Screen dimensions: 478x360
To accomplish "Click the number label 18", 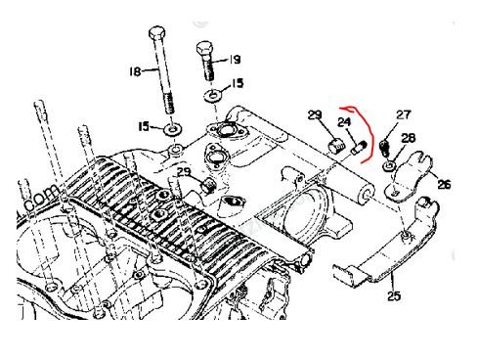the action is click(135, 71).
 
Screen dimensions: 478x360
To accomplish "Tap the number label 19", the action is click(235, 60).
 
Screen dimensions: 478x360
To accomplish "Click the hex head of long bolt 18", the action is click(157, 32).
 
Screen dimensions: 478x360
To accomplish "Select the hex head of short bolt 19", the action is click(205, 49).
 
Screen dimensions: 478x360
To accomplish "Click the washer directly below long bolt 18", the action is click(172, 129).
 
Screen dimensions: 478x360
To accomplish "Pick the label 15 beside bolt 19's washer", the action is click(239, 83).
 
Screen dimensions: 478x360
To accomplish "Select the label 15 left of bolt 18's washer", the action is click(145, 126).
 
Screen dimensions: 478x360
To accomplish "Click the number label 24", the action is click(344, 122).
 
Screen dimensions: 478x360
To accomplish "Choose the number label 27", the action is click(404, 114).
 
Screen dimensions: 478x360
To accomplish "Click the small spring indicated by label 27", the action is click(384, 148).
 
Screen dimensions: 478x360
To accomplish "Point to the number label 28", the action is click(409, 138).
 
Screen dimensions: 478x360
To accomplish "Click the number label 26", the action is click(444, 184).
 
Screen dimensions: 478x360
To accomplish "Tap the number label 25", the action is click(394, 296).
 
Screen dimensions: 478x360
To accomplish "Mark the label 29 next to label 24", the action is click(315, 114).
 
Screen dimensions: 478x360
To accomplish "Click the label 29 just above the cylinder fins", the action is click(184, 172).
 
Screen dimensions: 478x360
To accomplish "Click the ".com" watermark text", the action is click(41, 200).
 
